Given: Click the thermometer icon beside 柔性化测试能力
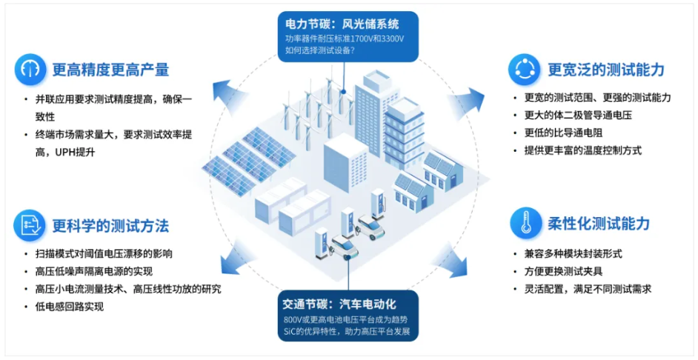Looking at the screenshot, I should point(525,223).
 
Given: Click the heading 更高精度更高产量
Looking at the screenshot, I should point(110,70).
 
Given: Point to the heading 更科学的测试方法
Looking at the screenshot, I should point(110,224).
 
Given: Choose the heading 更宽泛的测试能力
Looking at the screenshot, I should point(606,70).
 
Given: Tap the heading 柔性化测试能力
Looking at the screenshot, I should point(599,224).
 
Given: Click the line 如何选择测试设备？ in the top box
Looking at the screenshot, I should point(320,50).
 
